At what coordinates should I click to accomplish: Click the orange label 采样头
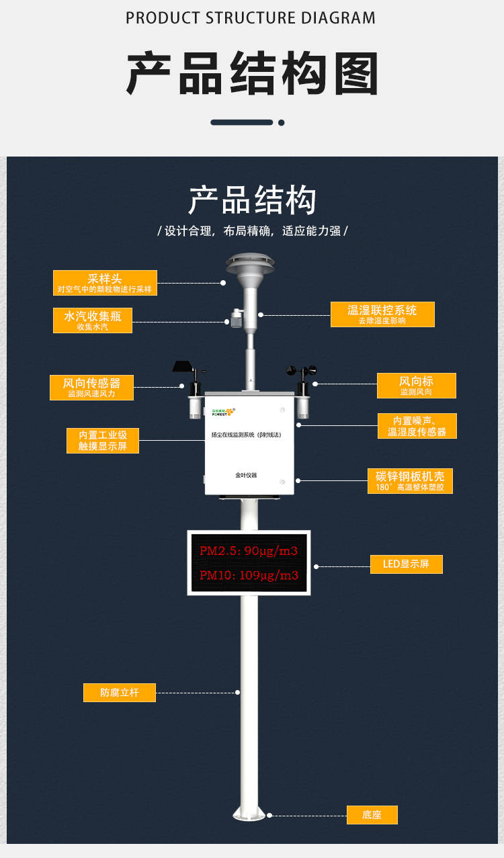[105, 283]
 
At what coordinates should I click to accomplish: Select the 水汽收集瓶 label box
[93, 320]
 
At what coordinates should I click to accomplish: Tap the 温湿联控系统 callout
[382, 314]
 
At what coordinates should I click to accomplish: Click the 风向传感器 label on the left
[91, 387]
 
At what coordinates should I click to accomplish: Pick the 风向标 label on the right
[416, 385]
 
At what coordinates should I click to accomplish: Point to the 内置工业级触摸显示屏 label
[103, 440]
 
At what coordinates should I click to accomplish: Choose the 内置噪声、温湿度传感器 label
[417, 426]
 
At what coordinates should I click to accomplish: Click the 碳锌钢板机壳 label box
[409, 480]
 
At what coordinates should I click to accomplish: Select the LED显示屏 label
[406, 564]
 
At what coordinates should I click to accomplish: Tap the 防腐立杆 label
[119, 692]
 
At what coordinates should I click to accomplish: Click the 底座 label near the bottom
[372, 814]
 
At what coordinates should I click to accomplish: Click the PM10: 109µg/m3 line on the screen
[249, 576]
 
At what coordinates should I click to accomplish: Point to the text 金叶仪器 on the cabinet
[246, 475]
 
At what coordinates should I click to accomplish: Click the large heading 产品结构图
[252, 73]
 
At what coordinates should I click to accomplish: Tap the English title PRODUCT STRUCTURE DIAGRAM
[251, 18]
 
